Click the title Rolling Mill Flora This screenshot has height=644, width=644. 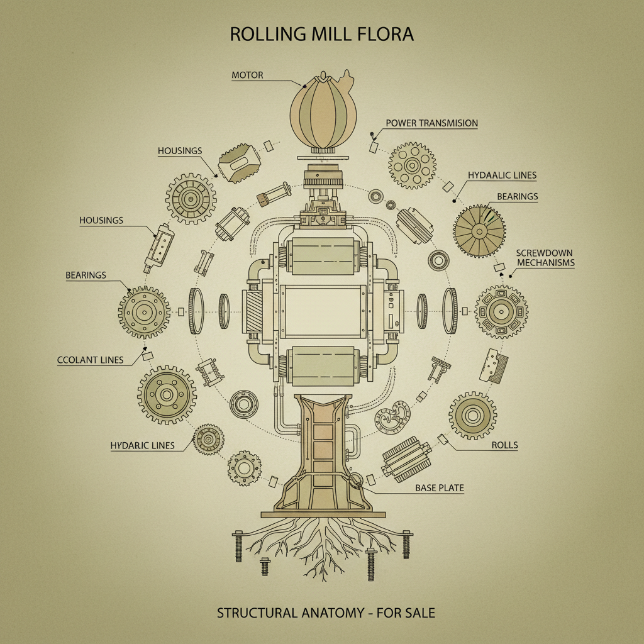click(x=321, y=35)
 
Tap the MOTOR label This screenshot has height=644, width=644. click(x=247, y=75)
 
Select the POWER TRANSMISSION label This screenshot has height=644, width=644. click(x=431, y=123)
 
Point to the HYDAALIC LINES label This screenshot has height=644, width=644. click(x=502, y=175)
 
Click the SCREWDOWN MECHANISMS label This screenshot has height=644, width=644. click(x=545, y=257)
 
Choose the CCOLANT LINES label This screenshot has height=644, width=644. click(x=89, y=360)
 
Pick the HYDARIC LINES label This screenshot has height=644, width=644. click(x=142, y=445)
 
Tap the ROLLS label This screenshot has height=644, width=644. click(x=505, y=445)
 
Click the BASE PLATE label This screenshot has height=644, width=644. click(x=439, y=487)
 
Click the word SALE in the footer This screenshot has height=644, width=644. click(x=419, y=612)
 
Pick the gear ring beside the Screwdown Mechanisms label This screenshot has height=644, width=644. click(x=501, y=311)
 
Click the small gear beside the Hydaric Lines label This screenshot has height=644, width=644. click(x=207, y=439)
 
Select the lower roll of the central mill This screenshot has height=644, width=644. click(x=322, y=366)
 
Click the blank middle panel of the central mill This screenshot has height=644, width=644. click(x=322, y=312)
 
